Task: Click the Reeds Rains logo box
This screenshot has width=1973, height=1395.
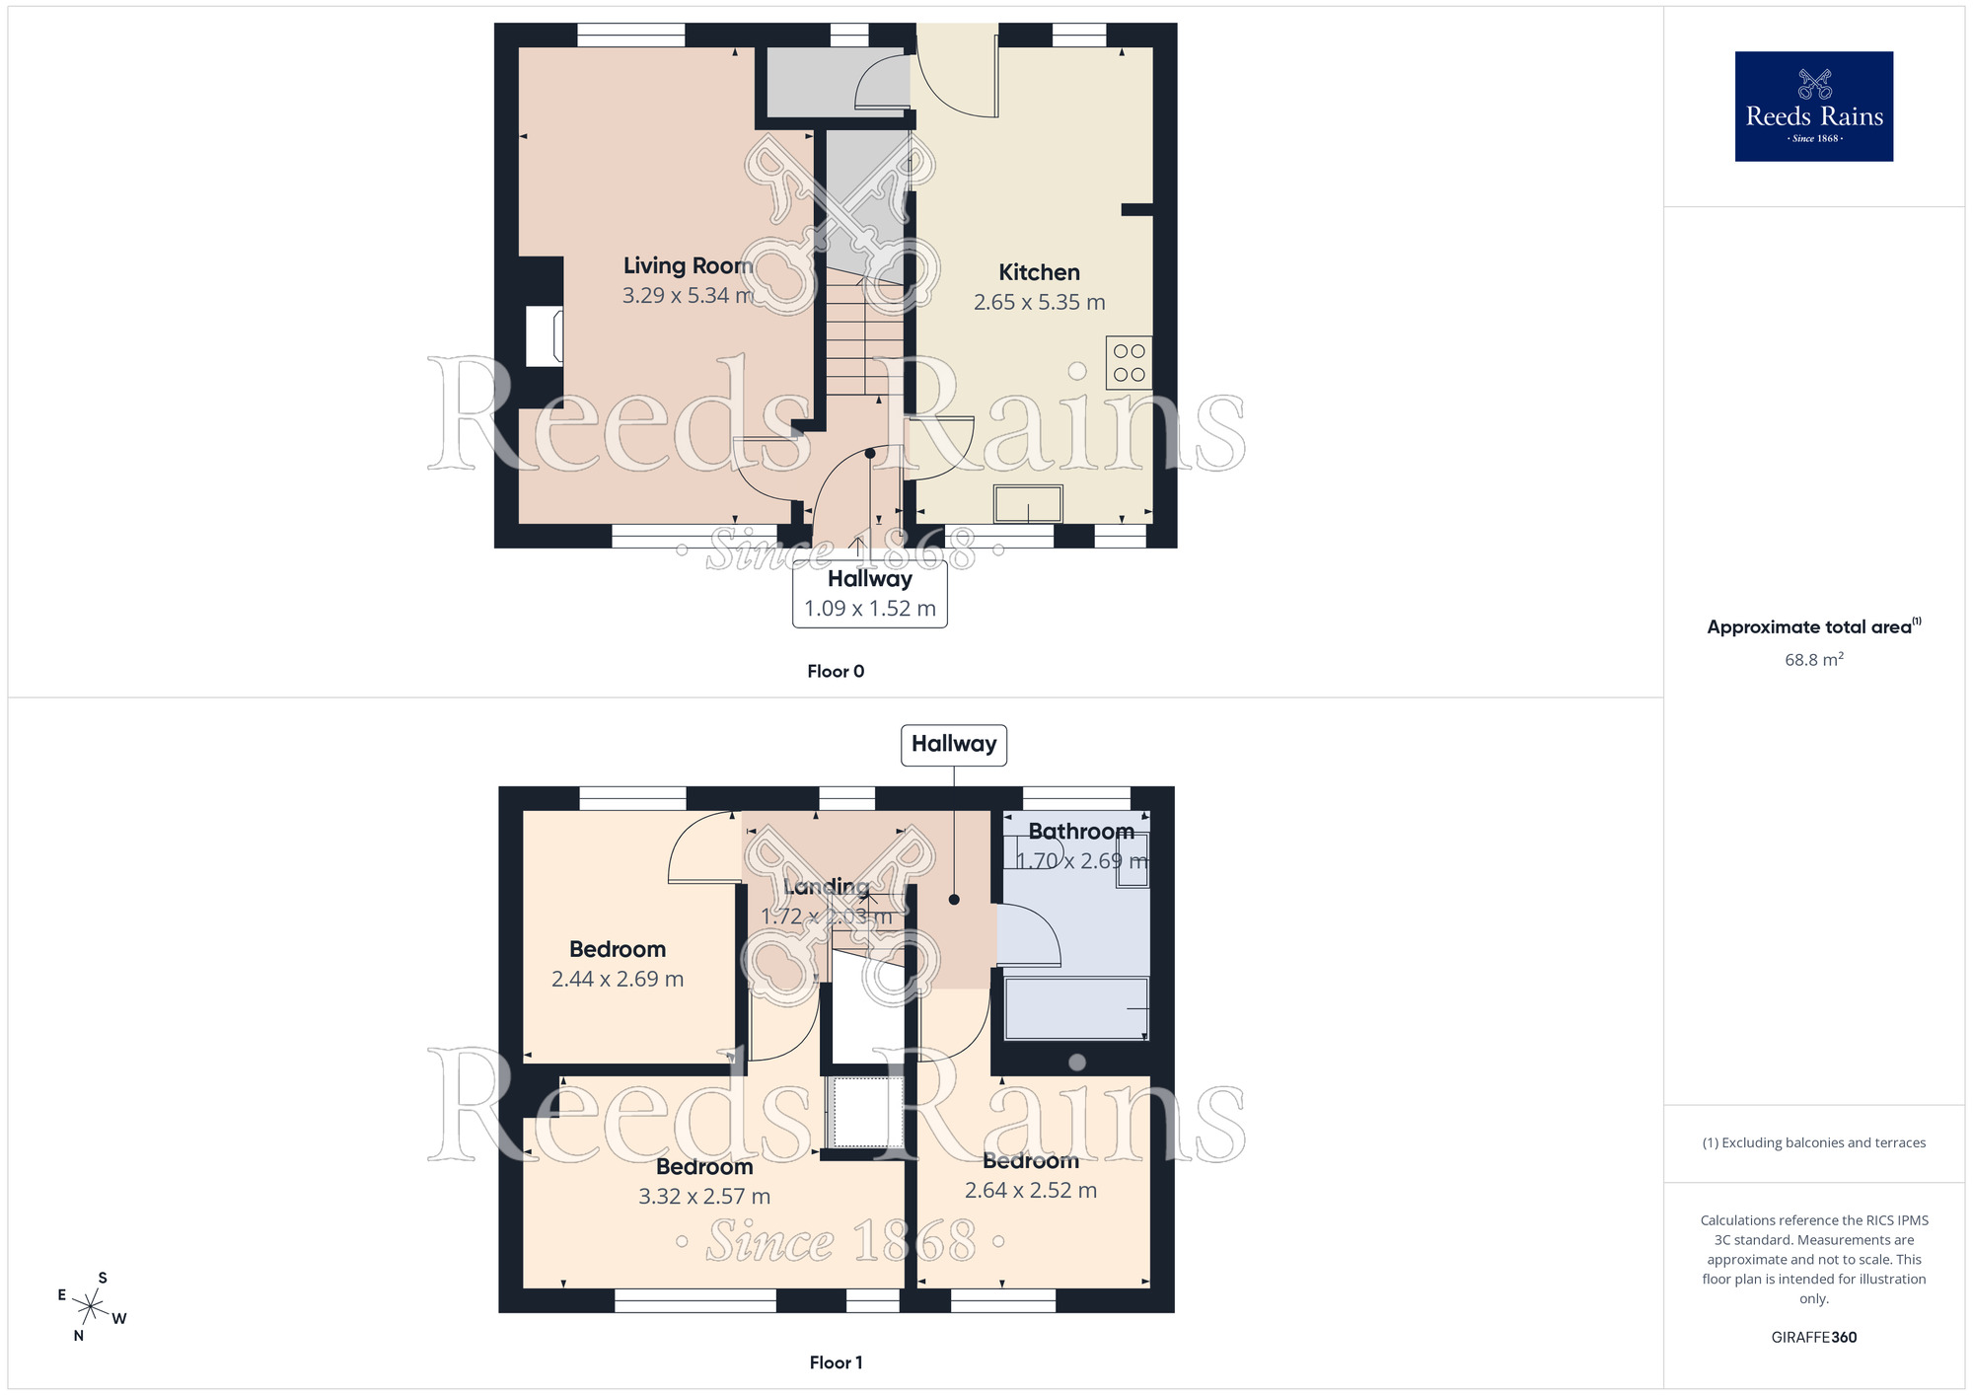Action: click(1813, 107)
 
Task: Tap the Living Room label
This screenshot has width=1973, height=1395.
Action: click(688, 265)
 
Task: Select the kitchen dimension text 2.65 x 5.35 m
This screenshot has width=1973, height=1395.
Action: click(1039, 303)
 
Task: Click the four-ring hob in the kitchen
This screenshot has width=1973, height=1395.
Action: click(1129, 363)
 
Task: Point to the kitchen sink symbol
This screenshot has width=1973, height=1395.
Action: click(1028, 503)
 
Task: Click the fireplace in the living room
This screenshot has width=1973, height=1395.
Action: click(545, 336)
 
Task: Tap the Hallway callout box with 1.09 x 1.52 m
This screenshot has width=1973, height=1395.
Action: click(870, 594)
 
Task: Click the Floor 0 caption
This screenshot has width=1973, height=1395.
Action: click(836, 672)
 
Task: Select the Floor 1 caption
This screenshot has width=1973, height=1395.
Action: click(836, 1362)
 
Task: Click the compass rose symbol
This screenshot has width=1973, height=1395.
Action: click(91, 1307)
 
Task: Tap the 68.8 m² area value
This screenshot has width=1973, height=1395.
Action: click(1813, 660)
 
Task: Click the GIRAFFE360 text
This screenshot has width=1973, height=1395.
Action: click(1813, 1338)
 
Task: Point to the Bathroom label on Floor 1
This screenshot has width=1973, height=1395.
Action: click(1080, 832)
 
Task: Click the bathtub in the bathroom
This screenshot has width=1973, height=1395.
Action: click(1075, 1008)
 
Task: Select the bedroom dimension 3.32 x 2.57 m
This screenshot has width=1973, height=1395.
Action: click(703, 1197)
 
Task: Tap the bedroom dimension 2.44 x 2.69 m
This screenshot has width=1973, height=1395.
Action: click(617, 980)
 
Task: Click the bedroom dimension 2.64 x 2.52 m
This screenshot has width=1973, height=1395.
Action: click(1030, 1191)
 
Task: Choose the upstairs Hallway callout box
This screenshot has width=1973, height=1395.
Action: click(954, 745)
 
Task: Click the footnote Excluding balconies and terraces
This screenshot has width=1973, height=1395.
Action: click(1813, 1143)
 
